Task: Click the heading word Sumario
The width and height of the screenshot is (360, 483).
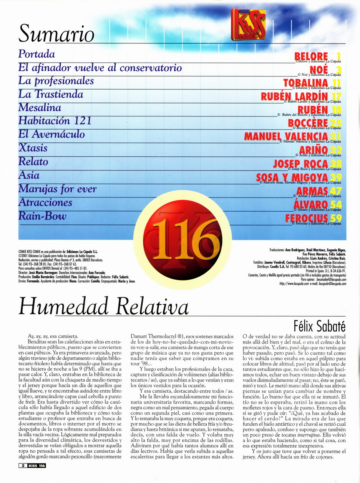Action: pos(56,34)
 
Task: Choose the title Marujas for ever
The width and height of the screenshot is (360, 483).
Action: pos(57,189)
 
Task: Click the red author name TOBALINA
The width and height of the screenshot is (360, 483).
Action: pos(305,83)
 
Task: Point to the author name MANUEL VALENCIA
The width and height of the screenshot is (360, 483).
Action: pos(286,137)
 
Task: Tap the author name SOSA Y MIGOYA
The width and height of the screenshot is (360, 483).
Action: pos(292,177)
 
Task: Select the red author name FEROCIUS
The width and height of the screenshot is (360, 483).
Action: pos(307,218)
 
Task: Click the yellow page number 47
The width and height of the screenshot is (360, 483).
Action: pos(336,191)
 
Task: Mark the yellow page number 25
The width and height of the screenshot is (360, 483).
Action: pos(336,123)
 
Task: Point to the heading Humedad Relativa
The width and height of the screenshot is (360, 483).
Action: pos(103,307)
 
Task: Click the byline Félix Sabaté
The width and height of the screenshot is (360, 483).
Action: pos(319,326)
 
